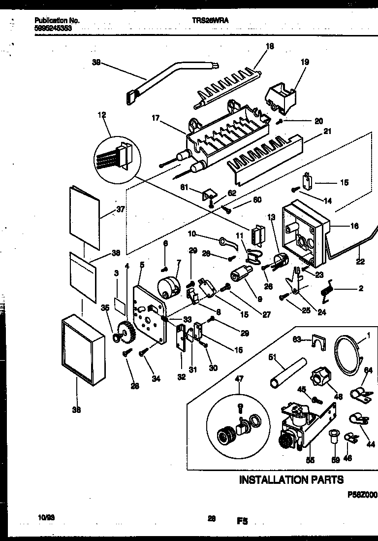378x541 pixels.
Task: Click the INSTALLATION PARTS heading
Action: pyautogui.click(x=291, y=479)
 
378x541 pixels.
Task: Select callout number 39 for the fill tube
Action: pyautogui.click(x=96, y=62)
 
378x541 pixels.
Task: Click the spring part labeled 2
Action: pyautogui.click(x=328, y=291)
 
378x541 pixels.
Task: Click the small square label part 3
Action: pyautogui.click(x=119, y=304)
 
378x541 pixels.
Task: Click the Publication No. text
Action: pyautogui.click(x=57, y=21)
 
